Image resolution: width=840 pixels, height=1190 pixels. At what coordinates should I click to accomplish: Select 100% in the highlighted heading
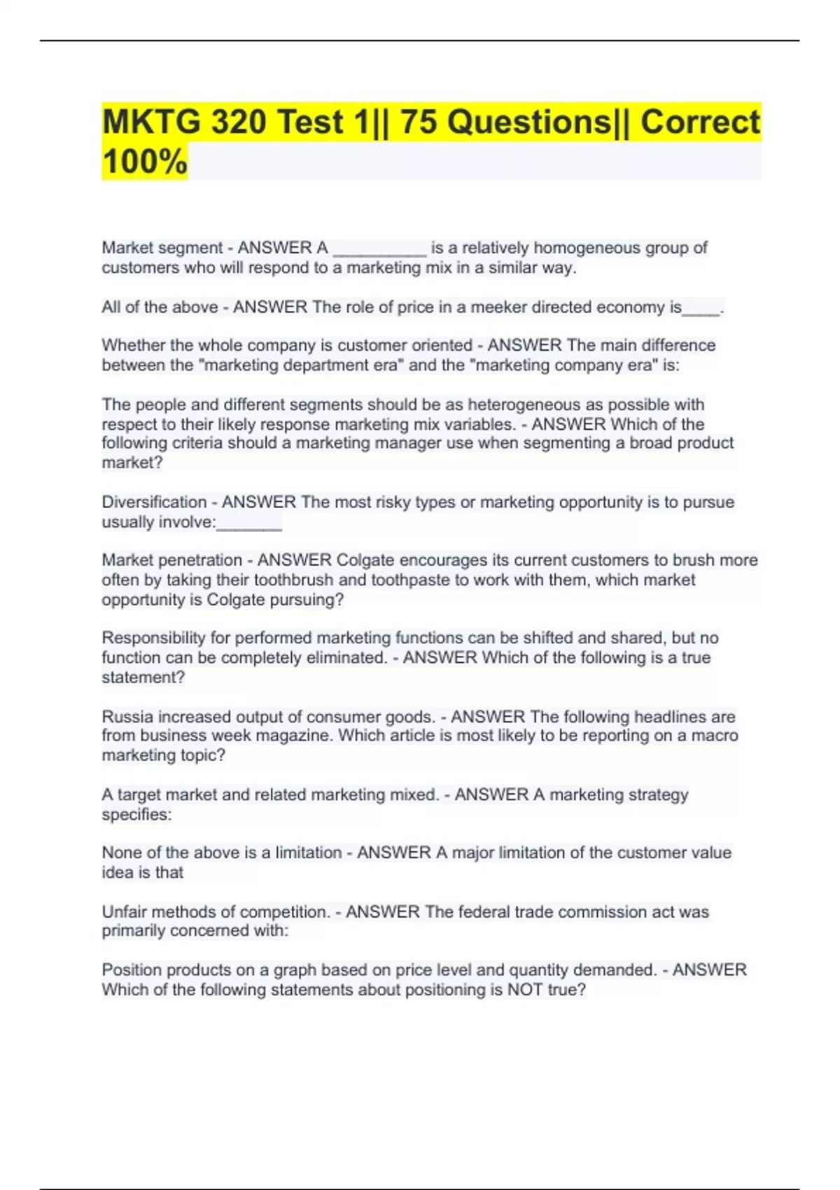(x=145, y=162)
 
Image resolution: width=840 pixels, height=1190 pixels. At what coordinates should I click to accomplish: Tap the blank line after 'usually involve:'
(x=249, y=523)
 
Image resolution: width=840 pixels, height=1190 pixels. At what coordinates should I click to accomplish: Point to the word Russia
(x=127, y=717)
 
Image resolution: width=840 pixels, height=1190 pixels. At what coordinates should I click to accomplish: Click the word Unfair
(x=124, y=911)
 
